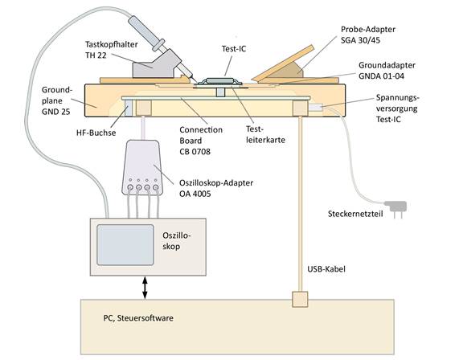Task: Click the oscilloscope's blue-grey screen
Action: coord(125,244)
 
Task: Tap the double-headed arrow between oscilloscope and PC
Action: coord(145,288)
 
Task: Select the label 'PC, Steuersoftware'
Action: coord(138,318)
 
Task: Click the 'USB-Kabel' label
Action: coord(326,269)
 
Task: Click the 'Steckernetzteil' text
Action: coord(355,214)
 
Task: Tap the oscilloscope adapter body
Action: coord(142,167)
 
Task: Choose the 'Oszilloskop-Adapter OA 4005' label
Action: coord(216,188)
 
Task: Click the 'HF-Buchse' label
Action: coord(96,133)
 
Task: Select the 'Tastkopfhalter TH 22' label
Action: coord(112,50)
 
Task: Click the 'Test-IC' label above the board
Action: coord(234,49)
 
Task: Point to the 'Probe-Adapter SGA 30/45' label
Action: coord(368,35)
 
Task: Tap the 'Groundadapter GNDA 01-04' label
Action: coord(387,71)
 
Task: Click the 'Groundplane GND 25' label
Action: coord(56,100)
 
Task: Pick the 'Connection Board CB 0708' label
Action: coord(201,141)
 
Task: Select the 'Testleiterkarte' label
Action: coord(265,134)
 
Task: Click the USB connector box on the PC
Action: coord(300,299)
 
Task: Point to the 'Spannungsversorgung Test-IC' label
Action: coord(398,108)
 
